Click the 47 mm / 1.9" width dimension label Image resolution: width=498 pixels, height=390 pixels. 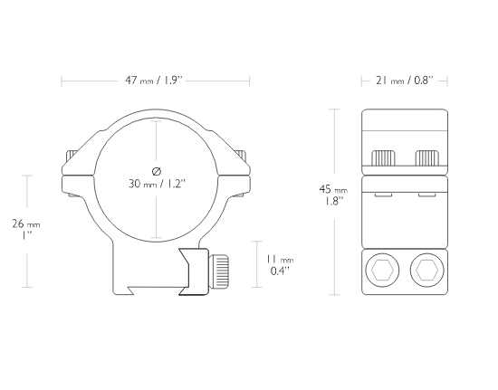(154, 81)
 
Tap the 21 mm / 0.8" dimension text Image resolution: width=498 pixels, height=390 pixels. (405, 81)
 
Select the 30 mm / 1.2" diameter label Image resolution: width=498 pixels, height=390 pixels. (157, 184)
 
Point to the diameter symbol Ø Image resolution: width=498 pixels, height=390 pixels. (157, 171)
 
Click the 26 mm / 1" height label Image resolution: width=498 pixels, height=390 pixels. (26, 230)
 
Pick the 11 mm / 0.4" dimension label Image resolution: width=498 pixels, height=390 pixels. (280, 265)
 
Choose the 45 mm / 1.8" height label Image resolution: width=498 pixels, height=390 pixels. (333, 195)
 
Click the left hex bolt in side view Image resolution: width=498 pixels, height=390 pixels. (382, 270)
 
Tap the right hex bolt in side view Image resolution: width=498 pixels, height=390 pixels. (426, 270)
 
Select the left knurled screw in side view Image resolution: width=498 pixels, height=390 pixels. (383, 158)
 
